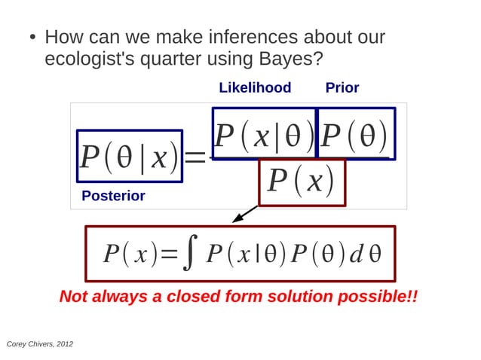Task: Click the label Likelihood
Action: click(x=255, y=87)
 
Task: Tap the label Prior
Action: click(x=342, y=87)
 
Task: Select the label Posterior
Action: click(x=113, y=196)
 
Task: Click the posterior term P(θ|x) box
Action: click(x=129, y=156)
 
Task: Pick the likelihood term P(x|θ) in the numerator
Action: click(x=264, y=134)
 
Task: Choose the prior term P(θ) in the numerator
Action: click(x=355, y=134)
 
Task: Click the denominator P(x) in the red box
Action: click(x=302, y=182)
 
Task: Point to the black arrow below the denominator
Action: click(x=245, y=215)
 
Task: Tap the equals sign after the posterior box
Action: click(x=195, y=157)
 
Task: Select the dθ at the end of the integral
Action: click(x=365, y=254)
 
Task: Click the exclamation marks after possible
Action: click(x=412, y=296)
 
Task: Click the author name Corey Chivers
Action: click(x=29, y=343)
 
